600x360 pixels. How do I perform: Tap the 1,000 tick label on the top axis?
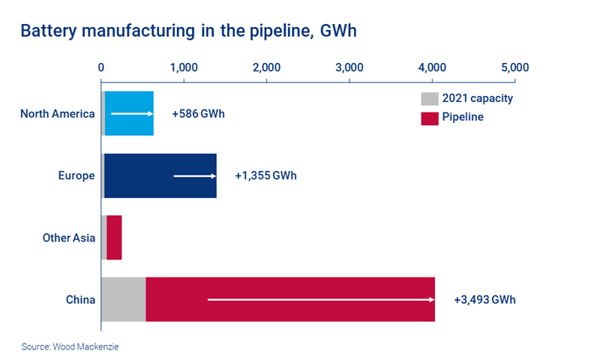pos(184,67)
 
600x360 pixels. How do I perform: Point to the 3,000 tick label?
pos(349,67)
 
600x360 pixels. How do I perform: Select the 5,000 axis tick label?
pos(514,67)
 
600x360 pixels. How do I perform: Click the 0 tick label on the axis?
pos(101,67)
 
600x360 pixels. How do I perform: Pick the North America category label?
pos(58,114)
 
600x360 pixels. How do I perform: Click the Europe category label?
pos(76,175)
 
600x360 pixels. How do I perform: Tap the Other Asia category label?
pos(69,238)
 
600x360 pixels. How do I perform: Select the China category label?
pos(80,300)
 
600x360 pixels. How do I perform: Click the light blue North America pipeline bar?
pos(129,114)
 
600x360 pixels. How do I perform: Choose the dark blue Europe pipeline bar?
pos(160,175)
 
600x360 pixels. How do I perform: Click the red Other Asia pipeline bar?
pos(114,238)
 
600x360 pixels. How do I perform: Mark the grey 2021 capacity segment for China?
pos(123,300)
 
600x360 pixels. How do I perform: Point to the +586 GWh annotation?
pos(198,114)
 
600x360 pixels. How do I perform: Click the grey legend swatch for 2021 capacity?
pos(428,98)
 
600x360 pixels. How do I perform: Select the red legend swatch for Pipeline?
pos(428,118)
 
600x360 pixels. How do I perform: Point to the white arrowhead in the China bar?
pos(432,300)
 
